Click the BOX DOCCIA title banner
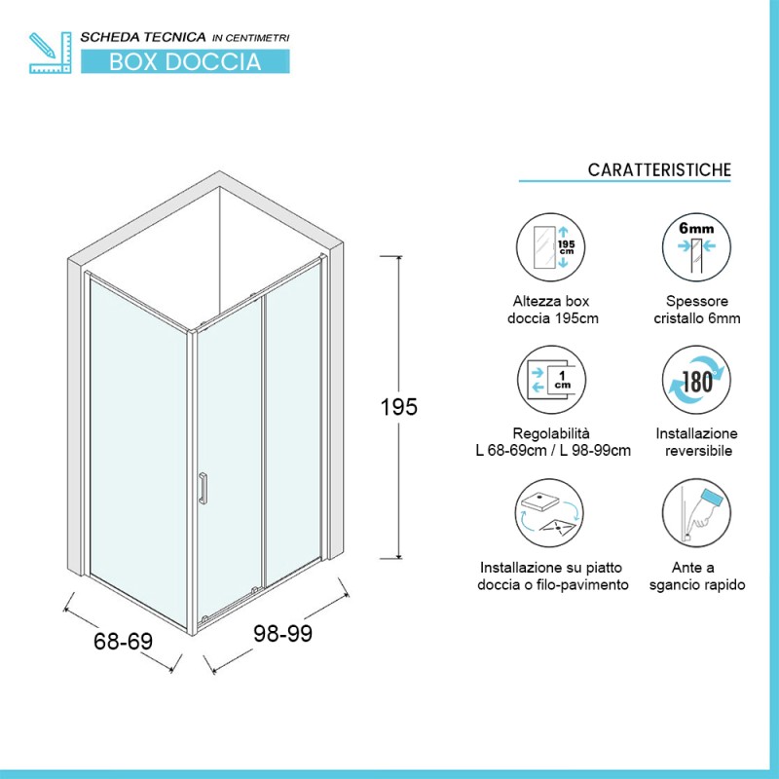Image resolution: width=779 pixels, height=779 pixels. pyautogui.click(x=185, y=61)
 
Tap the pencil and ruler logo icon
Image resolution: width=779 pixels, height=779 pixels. pyautogui.click(x=51, y=53)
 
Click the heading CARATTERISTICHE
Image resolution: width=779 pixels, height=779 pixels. pyautogui.click(x=659, y=169)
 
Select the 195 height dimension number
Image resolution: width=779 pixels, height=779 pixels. pyautogui.click(x=398, y=407)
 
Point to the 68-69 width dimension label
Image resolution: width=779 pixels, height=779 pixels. pyautogui.click(x=124, y=641)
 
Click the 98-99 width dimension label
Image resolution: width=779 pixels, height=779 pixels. pyautogui.click(x=282, y=633)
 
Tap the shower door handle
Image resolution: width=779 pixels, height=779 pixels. pyautogui.click(x=203, y=489)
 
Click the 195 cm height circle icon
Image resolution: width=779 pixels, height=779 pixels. pyautogui.click(x=550, y=247)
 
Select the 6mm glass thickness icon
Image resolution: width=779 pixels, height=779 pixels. pyautogui.click(x=696, y=247)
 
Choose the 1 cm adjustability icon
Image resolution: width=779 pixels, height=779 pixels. pyautogui.click(x=551, y=380)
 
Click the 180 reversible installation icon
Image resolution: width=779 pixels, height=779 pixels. pyautogui.click(x=696, y=380)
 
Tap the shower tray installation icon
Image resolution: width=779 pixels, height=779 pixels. pyautogui.click(x=549, y=513)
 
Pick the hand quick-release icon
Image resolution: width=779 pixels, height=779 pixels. pyautogui.click(x=696, y=513)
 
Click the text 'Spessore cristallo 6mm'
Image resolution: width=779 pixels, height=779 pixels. pyautogui.click(x=697, y=310)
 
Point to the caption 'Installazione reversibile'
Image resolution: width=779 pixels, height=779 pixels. pyautogui.click(x=696, y=442)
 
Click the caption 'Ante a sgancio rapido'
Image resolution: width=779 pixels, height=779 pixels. pyautogui.click(x=697, y=575)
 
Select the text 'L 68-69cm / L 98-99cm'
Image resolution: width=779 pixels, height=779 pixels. pyautogui.click(x=553, y=451)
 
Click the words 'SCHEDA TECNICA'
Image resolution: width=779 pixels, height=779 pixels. pyautogui.click(x=143, y=37)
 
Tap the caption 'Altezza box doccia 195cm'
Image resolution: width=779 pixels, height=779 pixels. pyautogui.click(x=552, y=310)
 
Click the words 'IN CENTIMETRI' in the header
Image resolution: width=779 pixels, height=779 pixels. pyautogui.click(x=251, y=38)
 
